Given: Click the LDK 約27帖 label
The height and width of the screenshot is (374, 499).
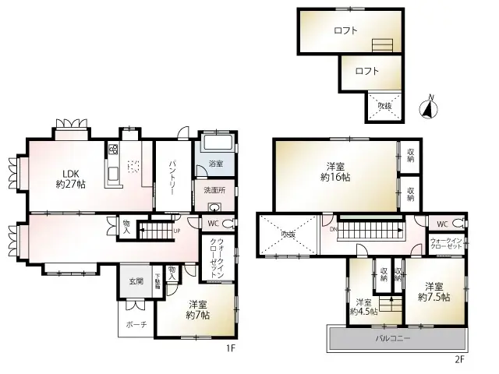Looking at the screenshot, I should pyautogui.click(x=70, y=179).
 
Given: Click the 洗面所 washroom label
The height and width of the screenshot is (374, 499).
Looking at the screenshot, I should pyautogui.click(x=214, y=190).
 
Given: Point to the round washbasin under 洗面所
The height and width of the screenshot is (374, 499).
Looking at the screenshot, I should pyautogui.click(x=215, y=207).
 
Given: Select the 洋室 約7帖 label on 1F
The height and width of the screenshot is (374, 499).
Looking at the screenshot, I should pyautogui.click(x=197, y=309).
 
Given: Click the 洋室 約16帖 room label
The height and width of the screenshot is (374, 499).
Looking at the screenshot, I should pyautogui.click(x=335, y=171).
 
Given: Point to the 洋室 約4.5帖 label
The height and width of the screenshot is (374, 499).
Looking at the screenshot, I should pyautogui.click(x=365, y=307).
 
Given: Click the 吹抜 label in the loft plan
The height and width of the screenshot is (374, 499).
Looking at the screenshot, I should pyautogui.click(x=384, y=107).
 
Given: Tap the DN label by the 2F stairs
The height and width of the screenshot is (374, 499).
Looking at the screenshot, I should pyautogui.click(x=333, y=229).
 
